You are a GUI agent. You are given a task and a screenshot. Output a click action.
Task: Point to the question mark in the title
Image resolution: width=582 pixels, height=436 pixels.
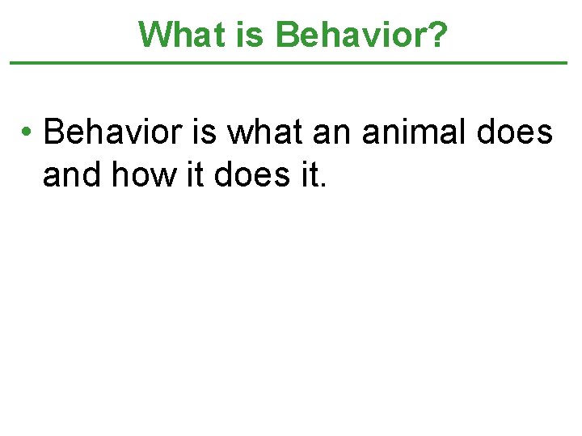click(x=437, y=34)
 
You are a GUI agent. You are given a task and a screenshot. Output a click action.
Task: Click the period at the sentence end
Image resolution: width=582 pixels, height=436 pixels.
click(x=323, y=183)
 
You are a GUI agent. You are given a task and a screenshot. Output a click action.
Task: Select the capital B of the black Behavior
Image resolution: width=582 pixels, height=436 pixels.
click(x=53, y=131)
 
